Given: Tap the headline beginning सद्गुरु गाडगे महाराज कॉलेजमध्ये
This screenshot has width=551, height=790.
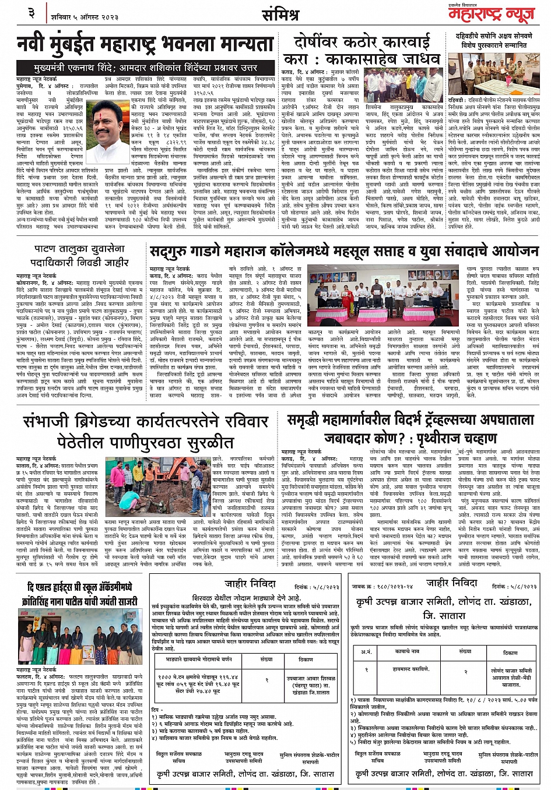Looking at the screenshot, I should pyautogui.click(x=344, y=252).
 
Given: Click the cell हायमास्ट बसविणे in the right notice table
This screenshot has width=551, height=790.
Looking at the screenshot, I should pyautogui.click(x=412, y=669).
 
